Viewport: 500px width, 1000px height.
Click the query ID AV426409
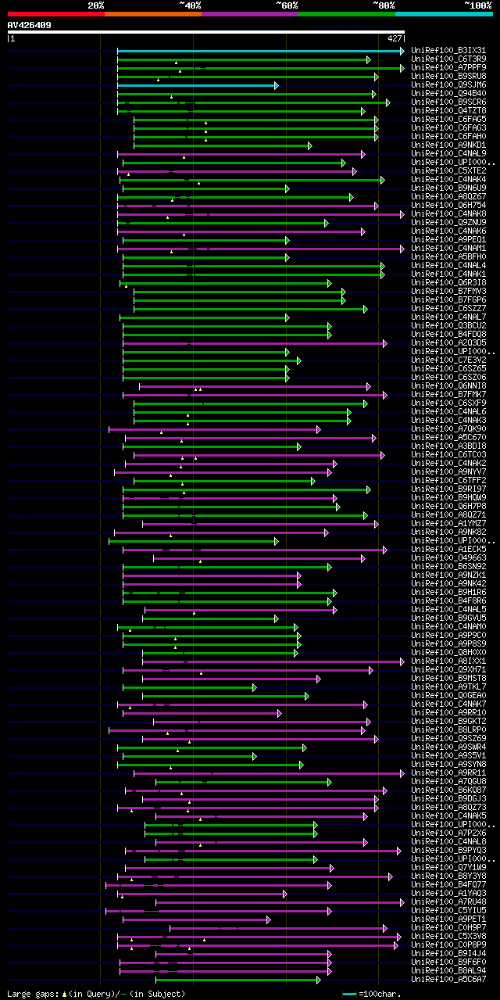click(x=30, y=25)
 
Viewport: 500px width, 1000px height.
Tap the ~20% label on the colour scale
click(x=96, y=5)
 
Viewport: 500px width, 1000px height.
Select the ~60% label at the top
click(x=287, y=5)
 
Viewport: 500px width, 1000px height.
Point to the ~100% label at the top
click(x=477, y=5)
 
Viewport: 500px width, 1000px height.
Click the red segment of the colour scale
click(x=55, y=13)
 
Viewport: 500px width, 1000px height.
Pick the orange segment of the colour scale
click(x=152, y=13)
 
